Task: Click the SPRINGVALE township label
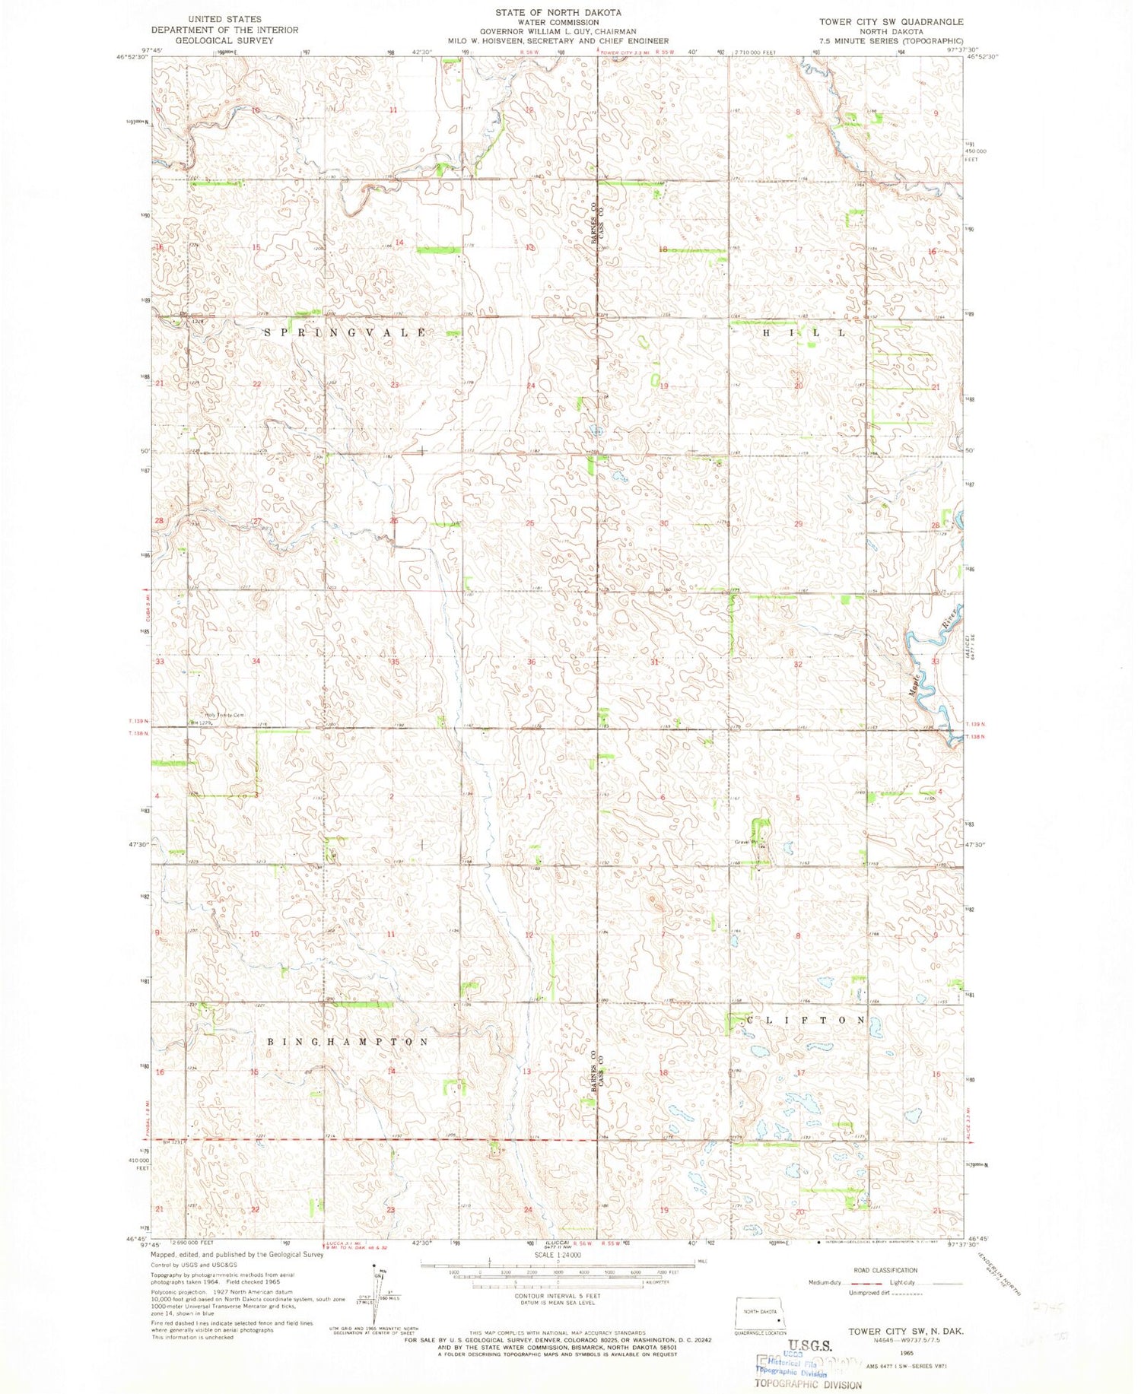coord(345,333)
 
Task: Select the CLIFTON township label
coord(806,1020)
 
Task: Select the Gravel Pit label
coord(748,842)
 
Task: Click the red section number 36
coord(531,662)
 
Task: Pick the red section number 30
coord(663,523)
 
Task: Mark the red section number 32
coord(797,664)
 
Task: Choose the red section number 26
coord(394,521)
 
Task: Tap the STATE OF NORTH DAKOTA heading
coord(558,13)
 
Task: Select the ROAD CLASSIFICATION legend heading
coord(885,1270)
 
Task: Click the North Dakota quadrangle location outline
coord(761,1316)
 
